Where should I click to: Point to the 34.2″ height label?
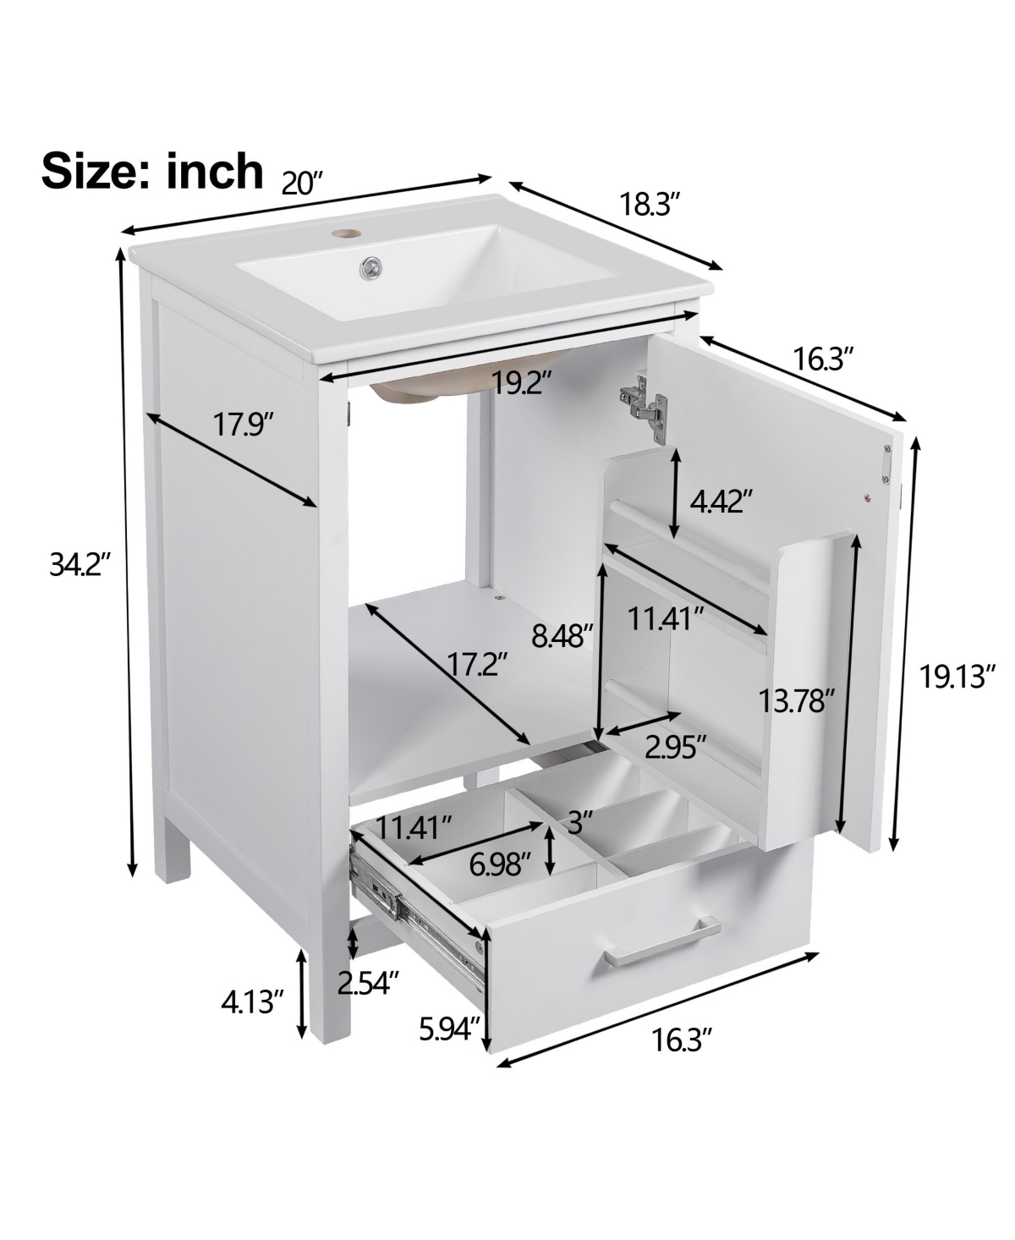80,565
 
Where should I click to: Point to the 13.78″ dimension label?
796,700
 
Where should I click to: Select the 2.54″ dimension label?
368,983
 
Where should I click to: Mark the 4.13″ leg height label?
250,1003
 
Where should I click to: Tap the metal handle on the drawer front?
661,940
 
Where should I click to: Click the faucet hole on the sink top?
344,230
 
